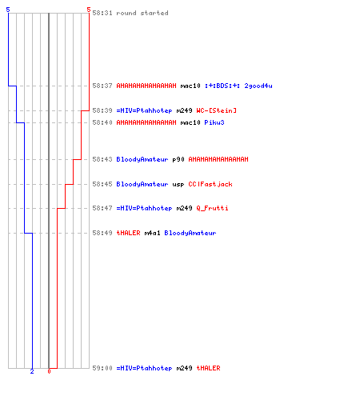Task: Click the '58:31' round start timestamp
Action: click(102, 13)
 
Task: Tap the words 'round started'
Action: click(142, 13)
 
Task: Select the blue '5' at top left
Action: click(8, 10)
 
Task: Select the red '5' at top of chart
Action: click(89, 10)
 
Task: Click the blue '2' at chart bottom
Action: click(32, 371)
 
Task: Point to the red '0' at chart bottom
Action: click(49, 371)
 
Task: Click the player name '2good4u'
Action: click(258, 86)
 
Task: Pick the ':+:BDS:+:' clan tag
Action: click(222, 86)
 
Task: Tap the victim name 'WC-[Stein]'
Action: click(216, 110)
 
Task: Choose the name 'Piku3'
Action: click(214, 122)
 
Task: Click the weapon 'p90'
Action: click(178, 159)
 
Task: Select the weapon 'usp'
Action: click(178, 184)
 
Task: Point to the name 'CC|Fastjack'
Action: click(210, 184)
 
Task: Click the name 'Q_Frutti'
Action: click(212, 208)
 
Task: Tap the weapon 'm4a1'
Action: click(152, 233)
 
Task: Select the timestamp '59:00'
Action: click(102, 368)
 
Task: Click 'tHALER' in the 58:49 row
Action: click(128, 233)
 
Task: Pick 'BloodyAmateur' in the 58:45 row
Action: click(142, 184)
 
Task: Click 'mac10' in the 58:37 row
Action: click(190, 86)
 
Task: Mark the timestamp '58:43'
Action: click(102, 159)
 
